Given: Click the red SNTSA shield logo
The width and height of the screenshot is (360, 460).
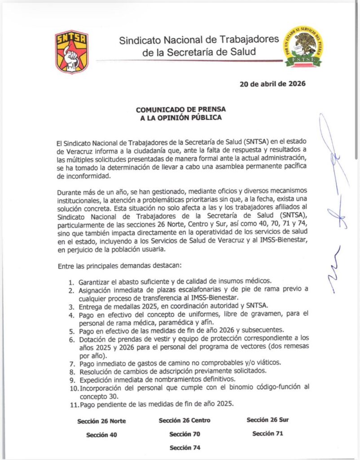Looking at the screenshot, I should click(x=71, y=51).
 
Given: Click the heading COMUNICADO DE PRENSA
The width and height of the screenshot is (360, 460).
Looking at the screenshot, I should click(x=181, y=110).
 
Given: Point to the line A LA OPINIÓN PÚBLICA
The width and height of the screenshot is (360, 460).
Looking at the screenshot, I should click(x=181, y=118).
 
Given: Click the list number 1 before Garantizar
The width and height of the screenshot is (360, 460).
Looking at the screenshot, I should click(x=71, y=282).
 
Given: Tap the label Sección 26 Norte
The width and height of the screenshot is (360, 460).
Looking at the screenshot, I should click(x=101, y=421).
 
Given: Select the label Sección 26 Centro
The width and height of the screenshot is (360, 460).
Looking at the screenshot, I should click(x=184, y=420).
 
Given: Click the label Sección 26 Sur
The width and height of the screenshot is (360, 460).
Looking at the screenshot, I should click(x=268, y=420).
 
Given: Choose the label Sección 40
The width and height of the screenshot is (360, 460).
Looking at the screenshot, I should click(x=101, y=435).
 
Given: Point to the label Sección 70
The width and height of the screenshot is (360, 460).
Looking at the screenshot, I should click(x=184, y=434).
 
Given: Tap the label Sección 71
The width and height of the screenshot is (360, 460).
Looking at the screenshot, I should click(x=268, y=433).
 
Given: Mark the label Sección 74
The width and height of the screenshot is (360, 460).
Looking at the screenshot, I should click(x=184, y=448).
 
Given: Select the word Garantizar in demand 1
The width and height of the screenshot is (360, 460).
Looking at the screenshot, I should click(x=95, y=282).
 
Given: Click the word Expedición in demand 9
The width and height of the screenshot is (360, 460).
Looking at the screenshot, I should click(x=96, y=380).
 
